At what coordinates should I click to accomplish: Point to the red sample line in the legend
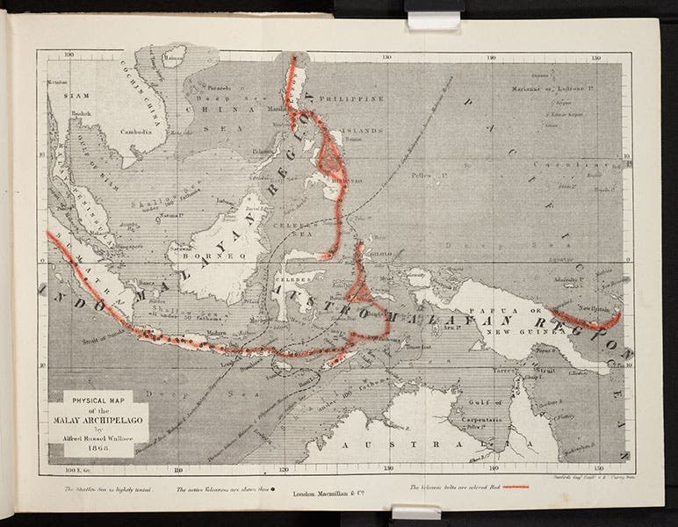[x=515, y=487]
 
